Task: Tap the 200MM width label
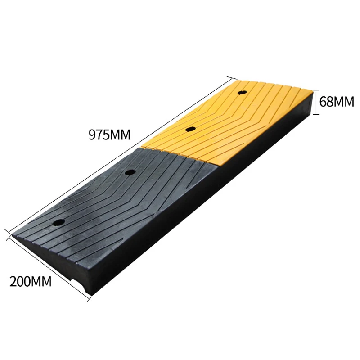point(30,282)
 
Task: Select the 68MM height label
point(337,101)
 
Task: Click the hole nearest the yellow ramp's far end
point(242,92)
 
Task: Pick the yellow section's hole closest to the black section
point(190,130)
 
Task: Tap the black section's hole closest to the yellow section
point(130,172)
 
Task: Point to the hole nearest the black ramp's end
point(58,222)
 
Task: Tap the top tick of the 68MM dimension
point(316,90)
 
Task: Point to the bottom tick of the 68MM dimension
point(316,114)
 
